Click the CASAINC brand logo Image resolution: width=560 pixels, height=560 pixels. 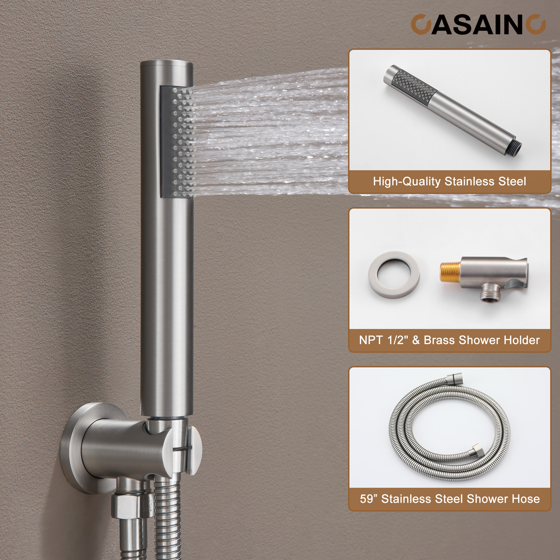click(x=478, y=25)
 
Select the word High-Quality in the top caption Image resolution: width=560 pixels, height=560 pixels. click(x=407, y=181)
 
